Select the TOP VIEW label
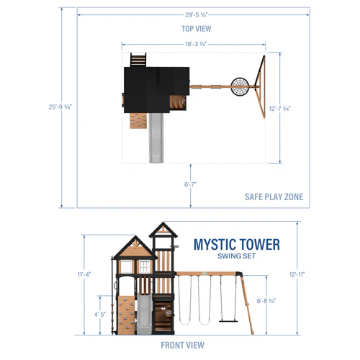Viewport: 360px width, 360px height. (x=196, y=29)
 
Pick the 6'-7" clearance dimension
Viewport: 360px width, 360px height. (x=191, y=185)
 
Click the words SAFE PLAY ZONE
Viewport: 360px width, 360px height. (x=274, y=197)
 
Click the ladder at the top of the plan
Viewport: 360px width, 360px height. (x=138, y=59)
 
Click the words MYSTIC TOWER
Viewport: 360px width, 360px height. (x=236, y=245)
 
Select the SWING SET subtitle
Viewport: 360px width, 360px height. (x=236, y=256)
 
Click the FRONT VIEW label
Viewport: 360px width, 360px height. (x=182, y=344)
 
